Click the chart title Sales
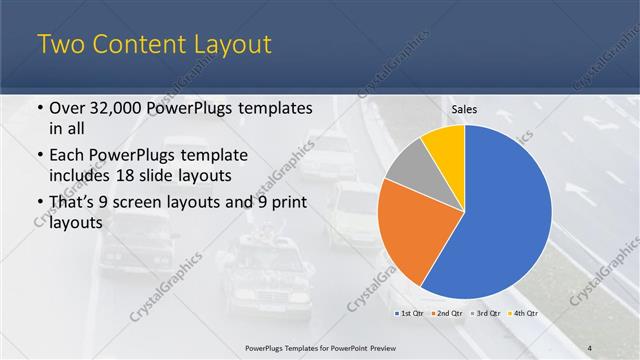[x=464, y=110]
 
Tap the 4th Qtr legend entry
[x=524, y=313]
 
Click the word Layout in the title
[x=226, y=44]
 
